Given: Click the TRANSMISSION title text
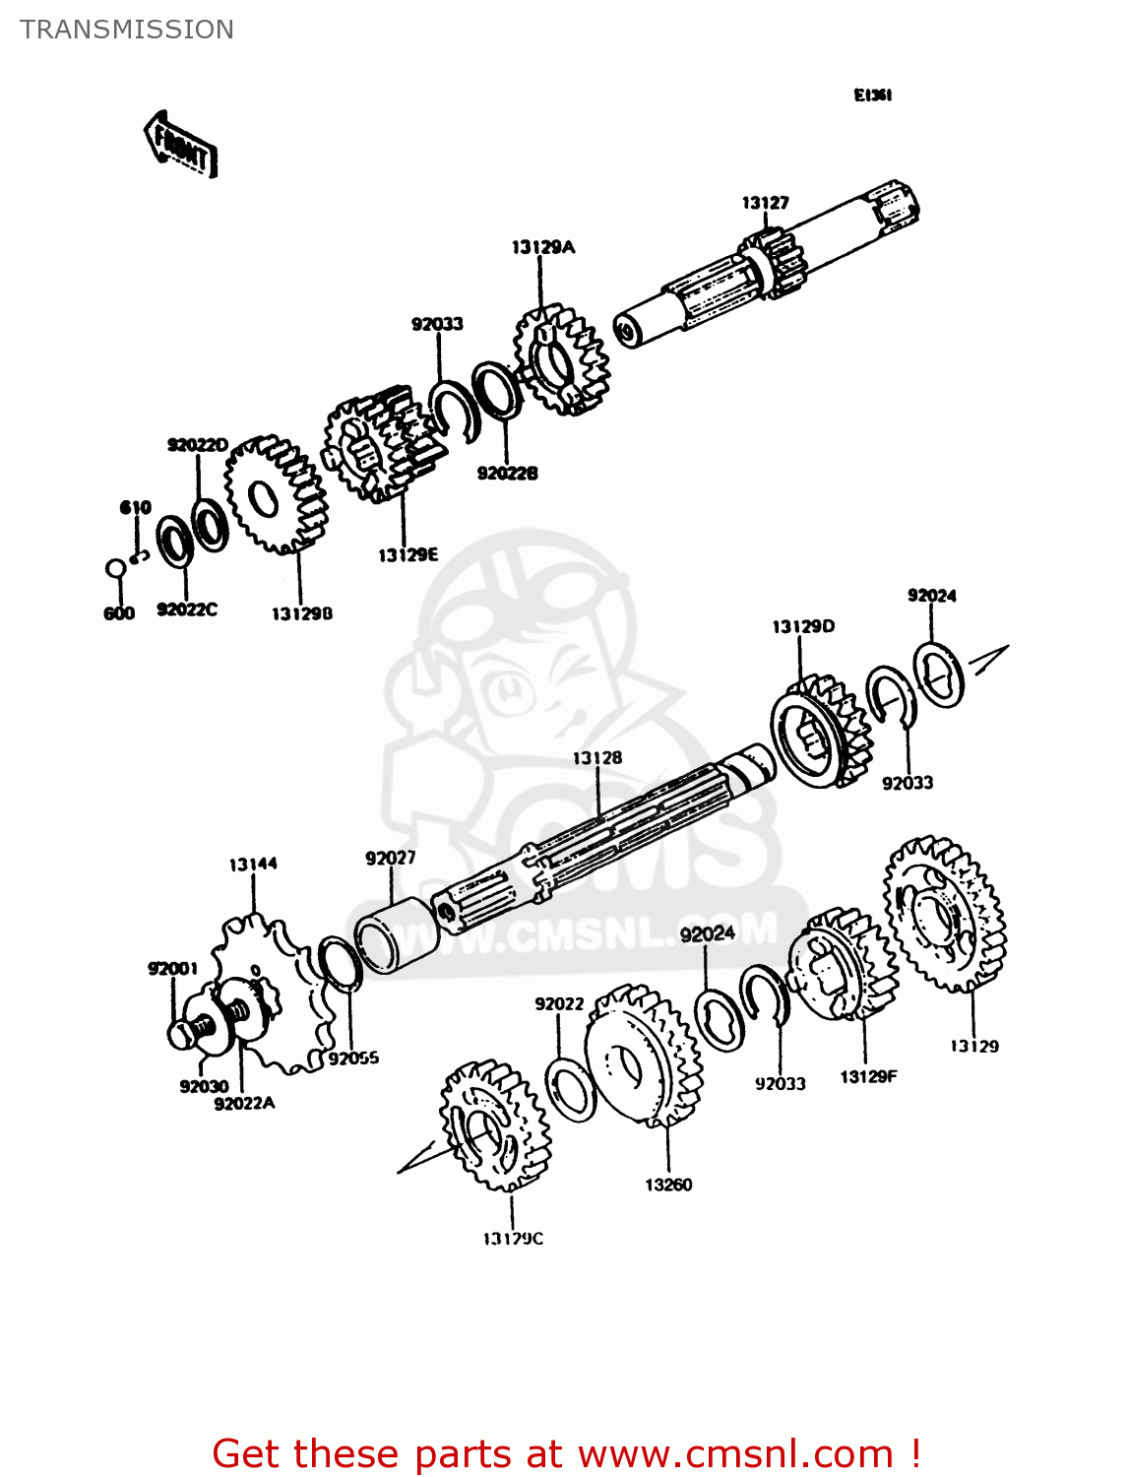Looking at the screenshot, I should (x=127, y=30).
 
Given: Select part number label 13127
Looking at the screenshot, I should (x=765, y=203).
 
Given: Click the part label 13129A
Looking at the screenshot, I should (x=542, y=247).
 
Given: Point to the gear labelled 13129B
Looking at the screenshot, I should (x=275, y=495).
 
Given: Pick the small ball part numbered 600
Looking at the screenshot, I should (x=115, y=568).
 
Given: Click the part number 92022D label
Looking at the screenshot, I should (x=197, y=445).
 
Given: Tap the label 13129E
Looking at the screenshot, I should (x=407, y=555).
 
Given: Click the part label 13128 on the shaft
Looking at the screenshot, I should (x=597, y=758).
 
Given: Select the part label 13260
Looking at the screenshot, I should (x=668, y=1185).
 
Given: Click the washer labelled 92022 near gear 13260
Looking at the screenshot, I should (x=570, y=1089).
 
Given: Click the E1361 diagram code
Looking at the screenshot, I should (x=872, y=96).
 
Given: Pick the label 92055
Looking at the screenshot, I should (x=353, y=1059).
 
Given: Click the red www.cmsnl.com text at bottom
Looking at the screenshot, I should (x=734, y=1453).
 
